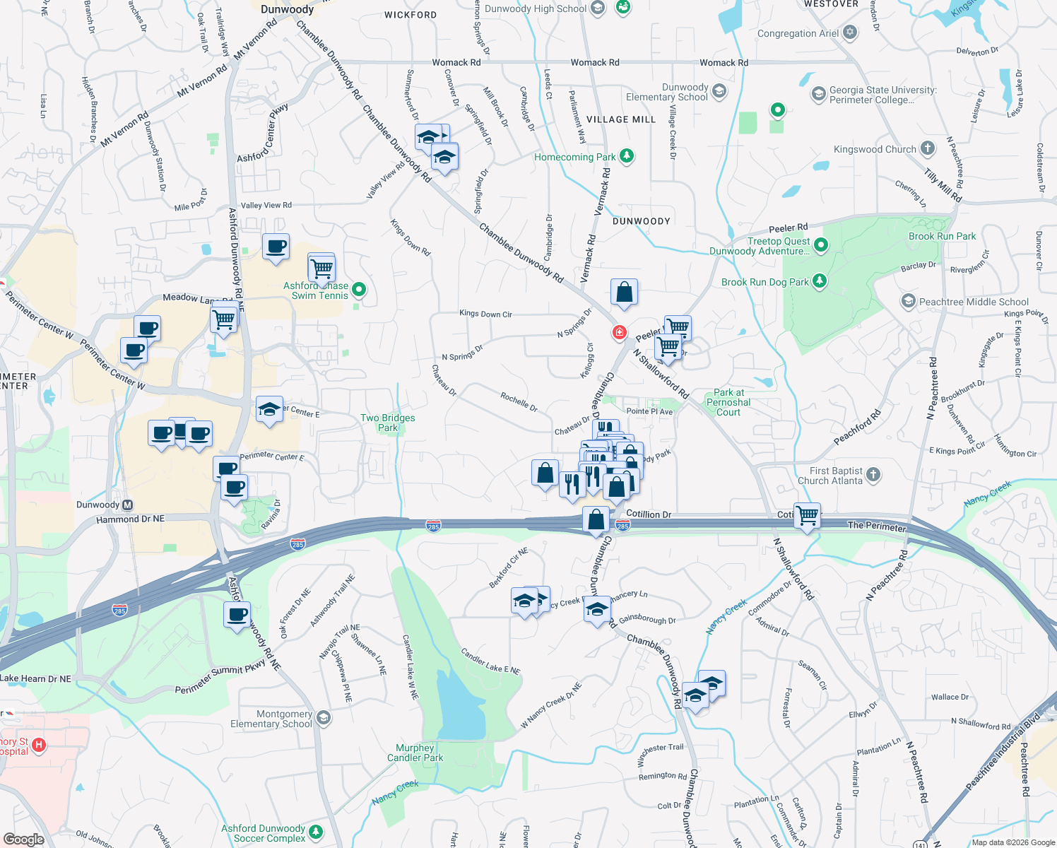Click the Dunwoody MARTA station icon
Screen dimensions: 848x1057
click(x=127, y=505)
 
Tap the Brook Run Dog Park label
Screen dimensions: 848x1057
click(x=764, y=282)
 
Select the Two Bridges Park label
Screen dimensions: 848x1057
click(x=387, y=423)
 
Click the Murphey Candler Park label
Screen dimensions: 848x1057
click(x=415, y=753)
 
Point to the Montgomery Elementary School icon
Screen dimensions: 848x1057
click(x=324, y=719)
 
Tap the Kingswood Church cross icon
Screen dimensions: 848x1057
click(x=928, y=148)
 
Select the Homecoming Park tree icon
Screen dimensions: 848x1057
click(x=626, y=156)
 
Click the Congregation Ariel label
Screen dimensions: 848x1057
click(x=798, y=33)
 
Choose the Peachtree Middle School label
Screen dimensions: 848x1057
click(x=974, y=302)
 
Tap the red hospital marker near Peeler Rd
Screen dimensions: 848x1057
click(x=620, y=332)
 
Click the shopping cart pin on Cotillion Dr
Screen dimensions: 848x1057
click(x=807, y=514)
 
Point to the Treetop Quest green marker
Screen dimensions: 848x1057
click(x=821, y=245)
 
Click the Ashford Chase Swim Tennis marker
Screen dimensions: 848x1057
click(x=359, y=289)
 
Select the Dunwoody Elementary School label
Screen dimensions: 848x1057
click(x=667, y=93)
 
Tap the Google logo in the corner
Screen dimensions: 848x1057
click(x=24, y=839)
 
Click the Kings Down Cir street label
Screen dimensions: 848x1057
click(x=485, y=314)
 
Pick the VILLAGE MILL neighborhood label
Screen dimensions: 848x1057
click(x=621, y=119)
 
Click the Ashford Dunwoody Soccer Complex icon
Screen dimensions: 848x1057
click(x=316, y=832)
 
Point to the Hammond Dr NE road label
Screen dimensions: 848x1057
click(x=130, y=519)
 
